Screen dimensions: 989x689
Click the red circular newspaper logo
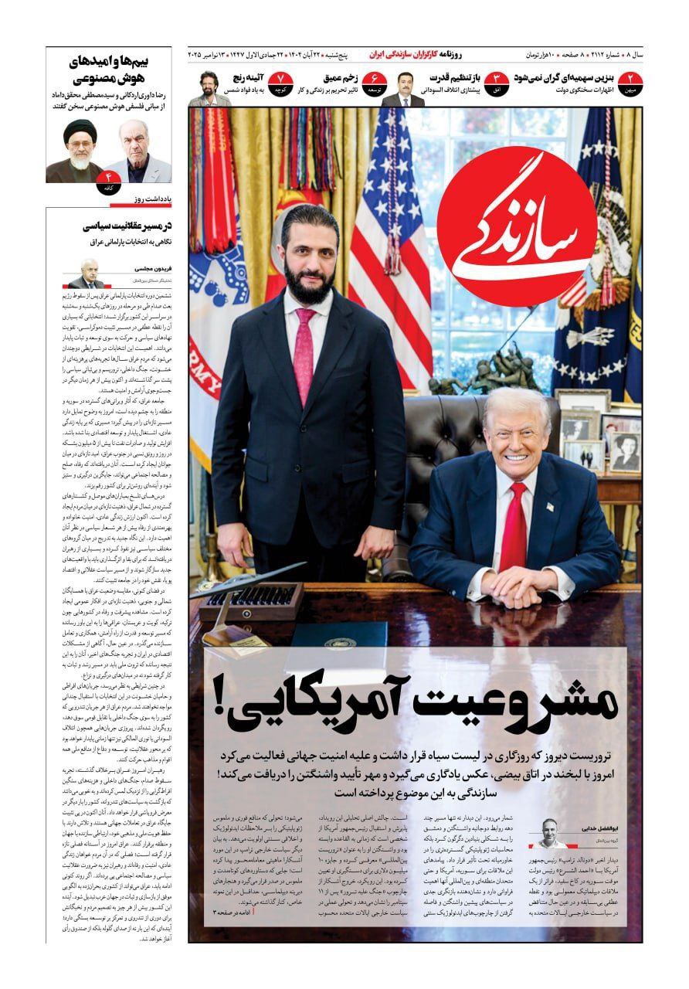coord(516,226)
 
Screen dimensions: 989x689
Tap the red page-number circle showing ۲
coord(630,80)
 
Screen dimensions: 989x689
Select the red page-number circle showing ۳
coord(495,80)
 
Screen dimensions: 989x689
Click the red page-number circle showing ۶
coord(375,80)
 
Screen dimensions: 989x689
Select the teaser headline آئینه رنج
coord(249,78)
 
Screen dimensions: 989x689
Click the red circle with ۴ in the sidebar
coord(108,186)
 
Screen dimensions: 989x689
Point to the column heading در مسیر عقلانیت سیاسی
coord(124,226)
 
